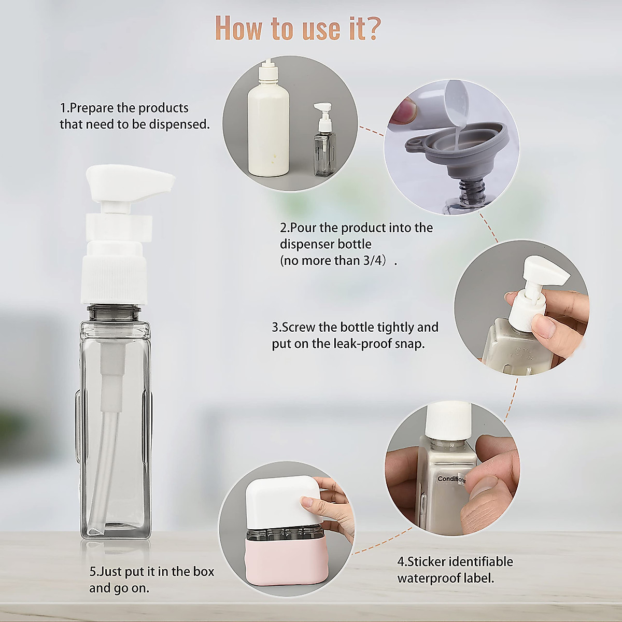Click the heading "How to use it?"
click(298, 28)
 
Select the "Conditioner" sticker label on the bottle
click(451, 479)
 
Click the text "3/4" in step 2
click(374, 260)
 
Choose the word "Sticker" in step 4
click(426, 561)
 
